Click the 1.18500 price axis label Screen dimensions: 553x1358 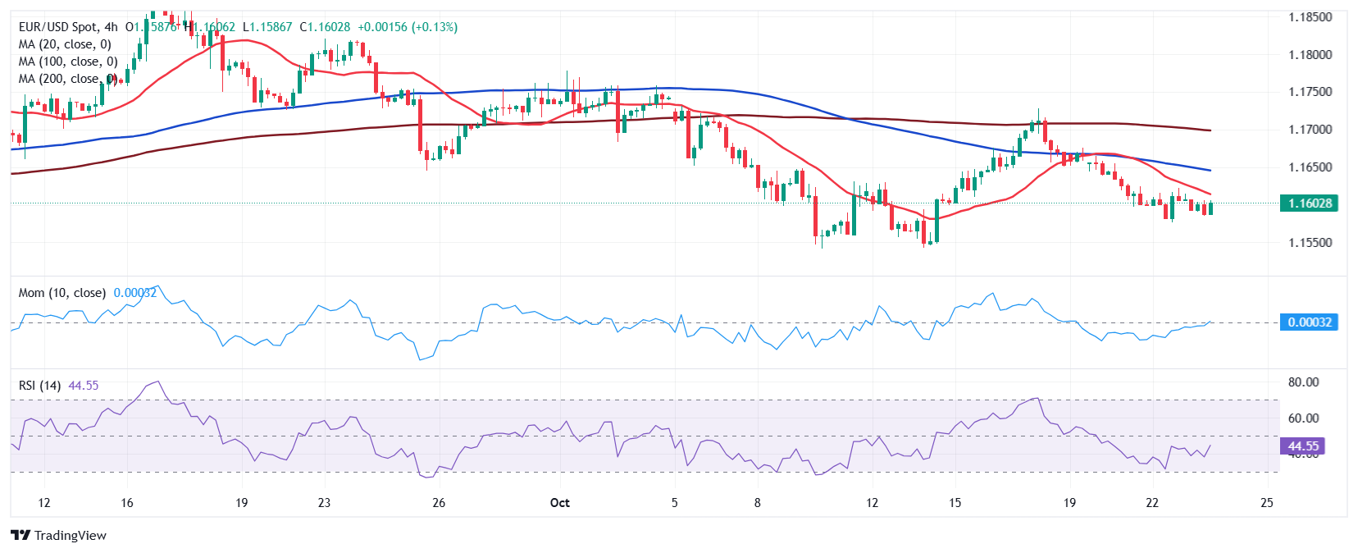click(1310, 16)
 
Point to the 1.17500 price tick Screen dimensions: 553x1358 click(1310, 92)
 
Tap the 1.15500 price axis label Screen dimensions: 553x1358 click(1310, 243)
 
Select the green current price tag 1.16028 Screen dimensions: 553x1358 click(1309, 203)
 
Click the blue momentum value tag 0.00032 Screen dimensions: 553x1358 click(1309, 322)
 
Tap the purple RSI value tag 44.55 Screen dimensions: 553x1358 click(1302, 446)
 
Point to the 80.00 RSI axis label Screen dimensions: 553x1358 click(1303, 382)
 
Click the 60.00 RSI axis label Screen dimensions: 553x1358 click(1303, 418)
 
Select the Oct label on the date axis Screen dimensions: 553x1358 click(560, 502)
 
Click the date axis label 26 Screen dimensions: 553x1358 click(439, 502)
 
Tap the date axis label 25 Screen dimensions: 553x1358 click(1267, 502)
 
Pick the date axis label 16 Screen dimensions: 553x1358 click(127, 502)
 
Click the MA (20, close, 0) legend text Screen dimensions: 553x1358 click(65, 44)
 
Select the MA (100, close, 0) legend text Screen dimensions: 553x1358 click(68, 62)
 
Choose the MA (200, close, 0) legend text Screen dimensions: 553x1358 click(68, 79)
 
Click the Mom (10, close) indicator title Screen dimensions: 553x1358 click(62, 293)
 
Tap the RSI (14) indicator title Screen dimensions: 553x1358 click(40, 386)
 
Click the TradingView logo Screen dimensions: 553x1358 click(59, 536)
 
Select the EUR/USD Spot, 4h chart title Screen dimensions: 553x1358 click(68, 27)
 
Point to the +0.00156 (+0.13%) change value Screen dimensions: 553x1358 click(408, 27)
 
